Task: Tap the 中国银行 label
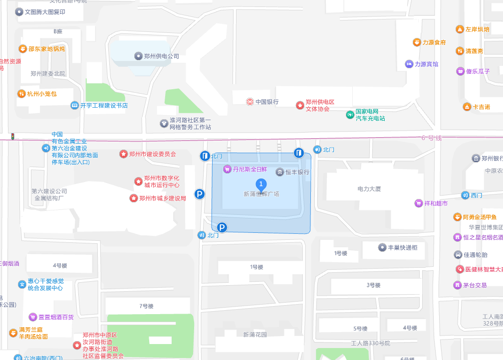click(x=267, y=102)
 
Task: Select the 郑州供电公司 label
click(x=161, y=56)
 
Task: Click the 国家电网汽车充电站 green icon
click(x=350, y=115)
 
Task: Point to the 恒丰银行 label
click(x=297, y=172)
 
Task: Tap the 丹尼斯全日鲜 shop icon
click(x=228, y=169)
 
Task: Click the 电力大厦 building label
click(x=369, y=189)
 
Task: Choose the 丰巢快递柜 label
click(x=402, y=247)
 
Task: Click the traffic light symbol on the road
click(x=12, y=136)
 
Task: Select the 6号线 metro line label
click(x=432, y=138)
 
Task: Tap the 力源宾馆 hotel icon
click(x=409, y=64)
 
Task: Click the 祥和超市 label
click(x=436, y=203)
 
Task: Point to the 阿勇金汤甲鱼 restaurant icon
click(x=457, y=217)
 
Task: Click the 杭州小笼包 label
click(x=42, y=94)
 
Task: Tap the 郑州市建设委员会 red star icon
click(x=123, y=154)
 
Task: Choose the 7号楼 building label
click(x=146, y=306)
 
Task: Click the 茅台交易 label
click(x=475, y=286)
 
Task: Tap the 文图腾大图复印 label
click(x=45, y=12)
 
